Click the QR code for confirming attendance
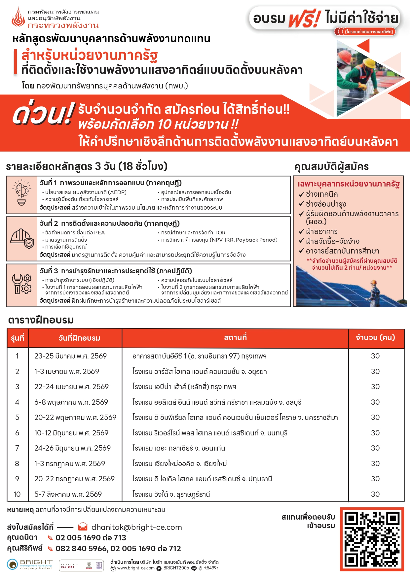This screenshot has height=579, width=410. (372, 539)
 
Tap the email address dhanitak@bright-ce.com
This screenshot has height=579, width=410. (136, 527)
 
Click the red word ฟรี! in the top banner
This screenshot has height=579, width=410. (305, 18)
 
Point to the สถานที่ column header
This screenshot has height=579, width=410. (235, 338)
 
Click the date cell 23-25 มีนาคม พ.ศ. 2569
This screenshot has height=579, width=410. (70, 356)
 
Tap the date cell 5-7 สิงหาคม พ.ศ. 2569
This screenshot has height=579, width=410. (68, 494)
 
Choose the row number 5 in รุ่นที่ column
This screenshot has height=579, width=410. (17, 418)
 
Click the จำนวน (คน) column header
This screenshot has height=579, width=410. (375, 338)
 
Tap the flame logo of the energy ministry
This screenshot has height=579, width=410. (18, 18)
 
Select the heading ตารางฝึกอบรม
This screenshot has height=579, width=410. (41, 320)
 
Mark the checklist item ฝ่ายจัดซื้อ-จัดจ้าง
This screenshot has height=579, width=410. (332, 241)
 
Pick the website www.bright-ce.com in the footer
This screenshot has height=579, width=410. (136, 568)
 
